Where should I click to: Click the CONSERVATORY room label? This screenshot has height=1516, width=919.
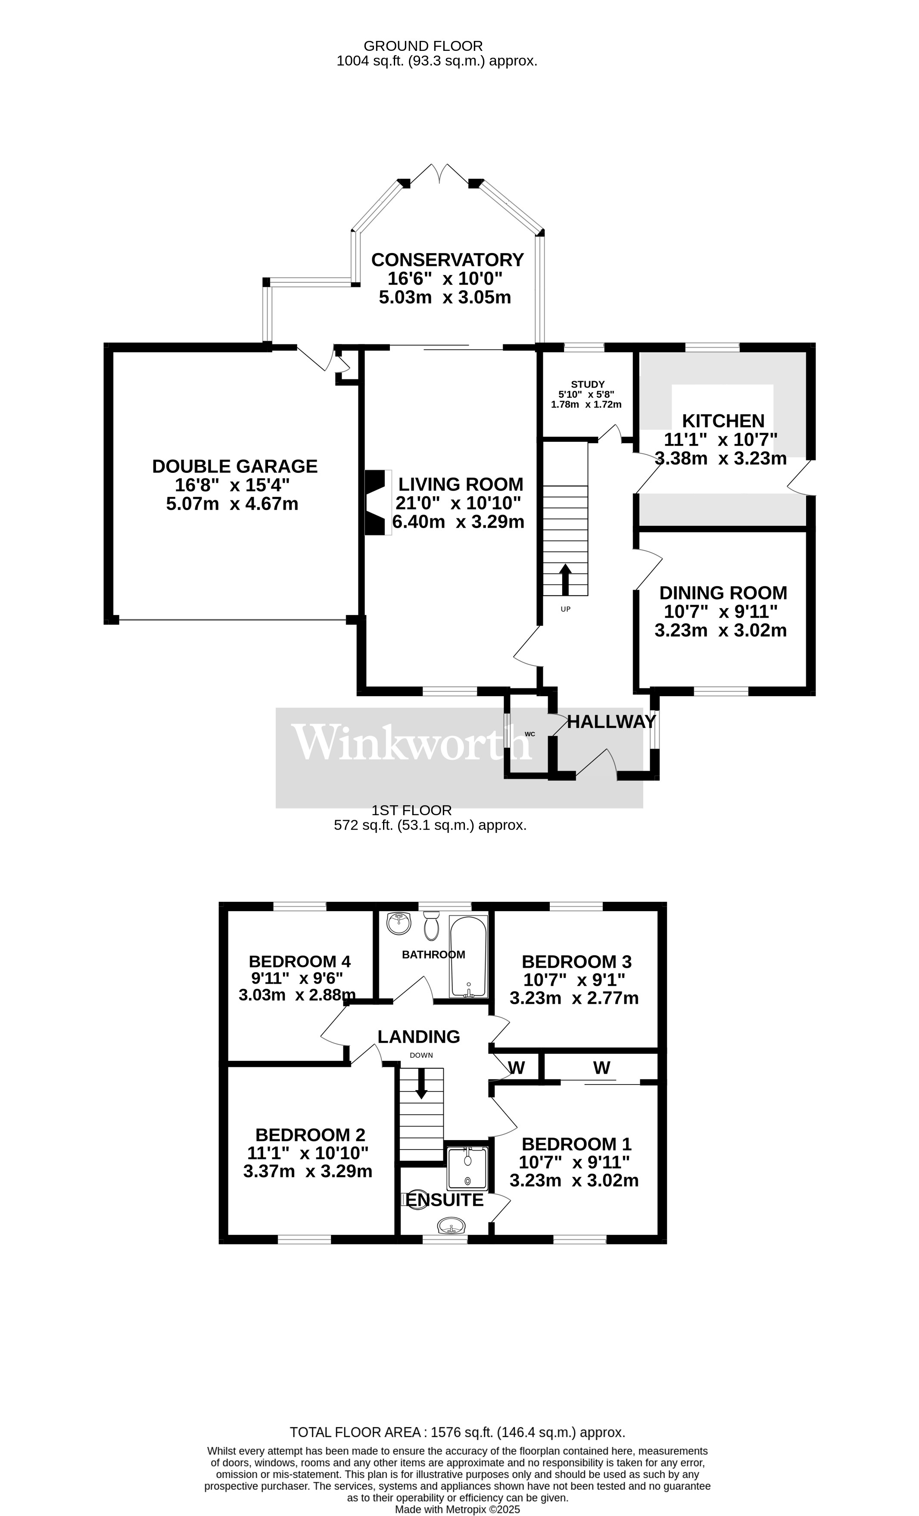tap(447, 259)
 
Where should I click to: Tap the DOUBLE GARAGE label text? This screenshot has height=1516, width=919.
tap(234, 466)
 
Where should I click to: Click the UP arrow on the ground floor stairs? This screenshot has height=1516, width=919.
tap(565, 579)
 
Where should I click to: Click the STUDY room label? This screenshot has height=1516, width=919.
tap(587, 384)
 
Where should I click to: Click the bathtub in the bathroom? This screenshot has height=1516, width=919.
tap(468, 957)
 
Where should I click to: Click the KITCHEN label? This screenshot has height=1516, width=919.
tap(723, 421)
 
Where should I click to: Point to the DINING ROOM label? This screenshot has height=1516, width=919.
tap(723, 593)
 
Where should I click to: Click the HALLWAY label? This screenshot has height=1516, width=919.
tap(611, 722)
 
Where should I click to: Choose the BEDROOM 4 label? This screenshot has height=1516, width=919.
tap(299, 961)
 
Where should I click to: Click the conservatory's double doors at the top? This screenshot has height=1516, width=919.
tap(440, 174)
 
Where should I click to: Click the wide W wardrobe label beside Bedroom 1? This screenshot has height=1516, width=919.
tap(601, 1067)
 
